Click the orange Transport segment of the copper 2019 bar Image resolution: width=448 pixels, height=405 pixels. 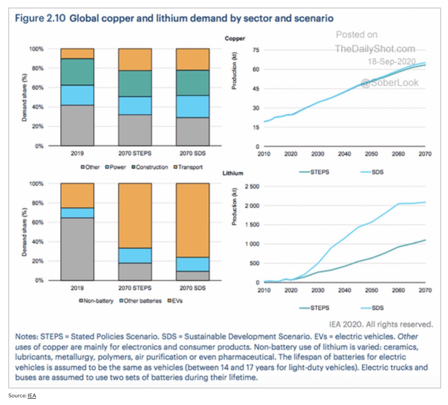point(77,54)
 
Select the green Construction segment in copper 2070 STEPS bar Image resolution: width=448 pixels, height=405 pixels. point(135,83)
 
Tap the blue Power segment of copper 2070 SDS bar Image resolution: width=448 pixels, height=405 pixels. point(193,106)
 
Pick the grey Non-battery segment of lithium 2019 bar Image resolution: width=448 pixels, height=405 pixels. point(77,249)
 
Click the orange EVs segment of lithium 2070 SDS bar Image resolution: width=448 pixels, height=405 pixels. point(193,220)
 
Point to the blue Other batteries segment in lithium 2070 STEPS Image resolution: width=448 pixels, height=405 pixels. point(135,255)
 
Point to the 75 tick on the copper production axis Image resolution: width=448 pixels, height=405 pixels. point(256,50)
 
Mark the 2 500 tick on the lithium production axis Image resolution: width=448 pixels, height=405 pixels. point(252,187)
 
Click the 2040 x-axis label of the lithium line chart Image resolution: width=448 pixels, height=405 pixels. point(344,290)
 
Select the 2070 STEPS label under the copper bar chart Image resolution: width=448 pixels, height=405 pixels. point(135,153)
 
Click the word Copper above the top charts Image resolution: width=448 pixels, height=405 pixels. point(235,38)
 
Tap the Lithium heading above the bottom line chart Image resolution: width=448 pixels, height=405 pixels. point(233,173)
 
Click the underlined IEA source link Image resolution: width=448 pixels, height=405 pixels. point(32,396)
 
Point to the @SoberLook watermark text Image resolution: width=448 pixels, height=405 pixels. point(390,83)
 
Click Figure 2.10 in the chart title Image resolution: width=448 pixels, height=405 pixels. point(40,18)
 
